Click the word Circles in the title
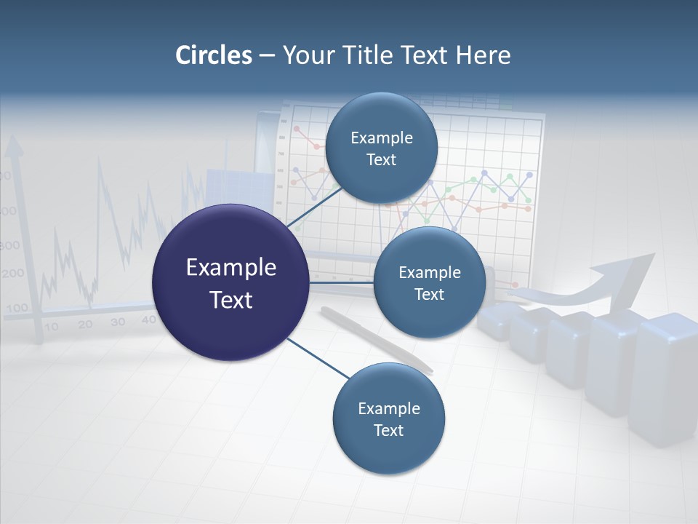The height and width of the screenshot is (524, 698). (x=213, y=55)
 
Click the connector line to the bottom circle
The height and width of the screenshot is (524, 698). (x=316, y=357)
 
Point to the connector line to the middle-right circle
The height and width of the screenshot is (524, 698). (x=341, y=282)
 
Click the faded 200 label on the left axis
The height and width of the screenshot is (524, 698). (x=12, y=274)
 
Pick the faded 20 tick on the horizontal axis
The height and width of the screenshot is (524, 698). (x=85, y=325)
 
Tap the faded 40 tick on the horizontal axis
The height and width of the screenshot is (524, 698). (x=148, y=319)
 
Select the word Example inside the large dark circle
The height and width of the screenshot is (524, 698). (x=230, y=267)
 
